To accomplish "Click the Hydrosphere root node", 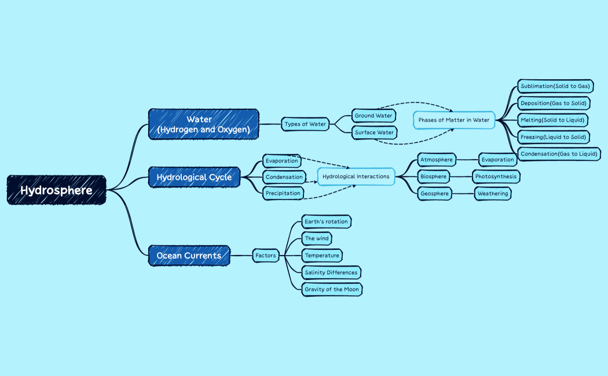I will pos(56,190).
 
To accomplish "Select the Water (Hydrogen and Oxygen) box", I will pos(203,124).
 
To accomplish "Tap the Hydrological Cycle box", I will pos(194,177).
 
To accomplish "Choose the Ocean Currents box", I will pos(189,255).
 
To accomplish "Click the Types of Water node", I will pos(305,124).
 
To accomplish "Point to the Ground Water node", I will pos(373,116).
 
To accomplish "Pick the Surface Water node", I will pos(373,132).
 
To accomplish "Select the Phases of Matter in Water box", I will pos(454,120).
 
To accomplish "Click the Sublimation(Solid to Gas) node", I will pos(555,86).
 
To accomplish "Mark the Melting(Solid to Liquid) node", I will pos(552,120).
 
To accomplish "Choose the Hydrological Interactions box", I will pos(356,176).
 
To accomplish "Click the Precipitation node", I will pos(283,193).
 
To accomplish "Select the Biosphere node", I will pos(434,176).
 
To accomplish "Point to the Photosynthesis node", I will pos(496,176).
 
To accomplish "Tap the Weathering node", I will pos(493,194).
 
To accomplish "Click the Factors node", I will pos(265,255).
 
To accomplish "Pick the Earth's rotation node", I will pos(327,222).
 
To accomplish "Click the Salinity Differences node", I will pos(332,272).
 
